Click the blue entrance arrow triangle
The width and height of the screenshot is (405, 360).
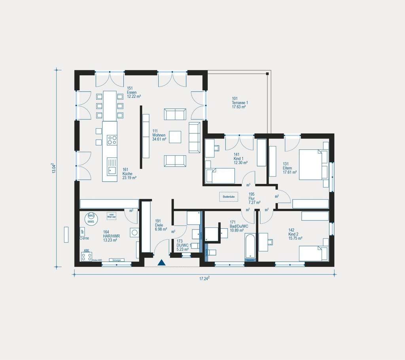pos(161,262)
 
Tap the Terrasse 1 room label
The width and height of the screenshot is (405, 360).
pos(240,102)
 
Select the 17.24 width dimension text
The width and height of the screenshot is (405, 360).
pos(204,279)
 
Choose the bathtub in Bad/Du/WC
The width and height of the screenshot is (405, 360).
pos(250,247)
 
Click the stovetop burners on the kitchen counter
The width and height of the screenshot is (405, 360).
pos(112,140)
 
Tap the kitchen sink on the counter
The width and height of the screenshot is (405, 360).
pos(112,171)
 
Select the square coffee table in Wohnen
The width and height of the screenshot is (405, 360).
pos(175,137)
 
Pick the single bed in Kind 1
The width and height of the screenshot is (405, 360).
pos(220,176)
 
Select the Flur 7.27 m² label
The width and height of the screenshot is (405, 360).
pos(254,198)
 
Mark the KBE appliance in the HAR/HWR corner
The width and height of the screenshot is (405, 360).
pos(86,256)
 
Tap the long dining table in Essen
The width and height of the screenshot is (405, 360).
pos(110,106)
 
